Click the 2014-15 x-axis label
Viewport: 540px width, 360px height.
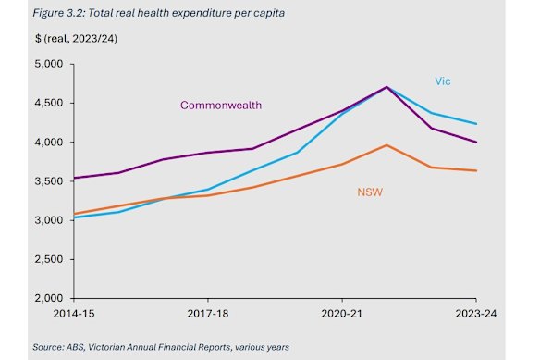(73, 316)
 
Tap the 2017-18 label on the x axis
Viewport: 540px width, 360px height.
(207, 316)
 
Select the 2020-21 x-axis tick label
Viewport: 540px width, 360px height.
(342, 316)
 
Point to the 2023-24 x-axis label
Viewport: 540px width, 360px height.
(474, 316)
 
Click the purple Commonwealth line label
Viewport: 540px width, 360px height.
(221, 106)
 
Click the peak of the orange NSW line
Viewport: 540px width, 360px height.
(387, 144)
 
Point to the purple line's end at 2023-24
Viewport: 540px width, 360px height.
(476, 142)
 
